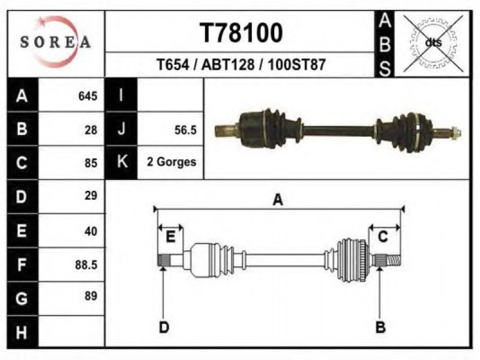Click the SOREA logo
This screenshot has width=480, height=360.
[55, 42]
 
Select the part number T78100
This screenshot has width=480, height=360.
[241, 33]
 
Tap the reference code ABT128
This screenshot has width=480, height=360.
[228, 65]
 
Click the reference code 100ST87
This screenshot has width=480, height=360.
[296, 65]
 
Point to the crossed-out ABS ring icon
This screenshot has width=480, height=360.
[433, 43]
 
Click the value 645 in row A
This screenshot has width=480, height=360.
[88, 96]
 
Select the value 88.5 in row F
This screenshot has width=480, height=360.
[86, 265]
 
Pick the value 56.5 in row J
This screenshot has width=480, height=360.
[185, 130]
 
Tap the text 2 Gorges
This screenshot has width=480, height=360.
[172, 162]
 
